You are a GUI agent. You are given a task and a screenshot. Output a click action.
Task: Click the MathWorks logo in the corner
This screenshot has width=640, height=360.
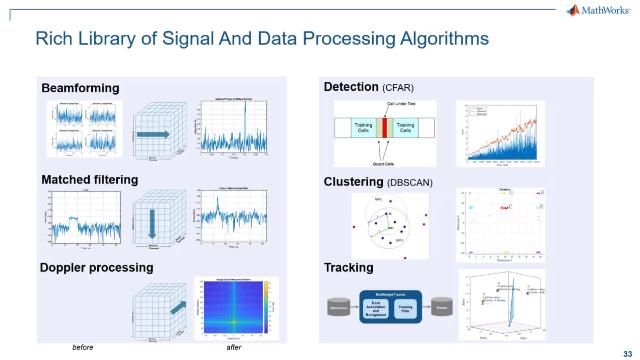[x=603, y=11]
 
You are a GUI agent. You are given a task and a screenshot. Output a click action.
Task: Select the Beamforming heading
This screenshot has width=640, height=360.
[x=80, y=89]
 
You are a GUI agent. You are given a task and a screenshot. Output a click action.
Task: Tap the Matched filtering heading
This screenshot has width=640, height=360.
[x=89, y=180]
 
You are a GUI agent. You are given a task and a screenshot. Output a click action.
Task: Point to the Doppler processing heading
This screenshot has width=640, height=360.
[x=97, y=268]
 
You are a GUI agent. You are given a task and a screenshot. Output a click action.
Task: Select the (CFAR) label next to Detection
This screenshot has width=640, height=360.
[x=397, y=89]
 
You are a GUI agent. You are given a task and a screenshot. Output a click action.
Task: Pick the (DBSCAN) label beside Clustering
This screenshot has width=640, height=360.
[x=414, y=182]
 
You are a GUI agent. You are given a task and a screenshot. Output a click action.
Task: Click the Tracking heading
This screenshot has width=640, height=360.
[x=349, y=268]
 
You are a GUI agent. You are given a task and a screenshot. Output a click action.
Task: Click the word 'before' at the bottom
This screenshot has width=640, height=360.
[x=85, y=347]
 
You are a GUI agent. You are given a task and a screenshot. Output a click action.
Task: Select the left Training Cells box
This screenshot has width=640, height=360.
[x=356, y=131]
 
